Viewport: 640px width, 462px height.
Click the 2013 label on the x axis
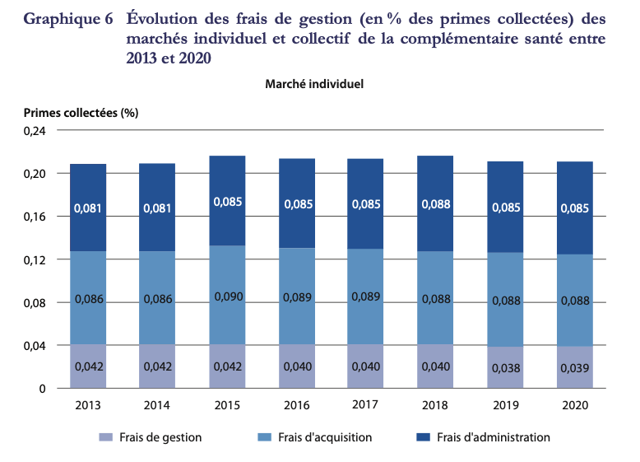88,405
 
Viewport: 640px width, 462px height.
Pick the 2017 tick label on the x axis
365,404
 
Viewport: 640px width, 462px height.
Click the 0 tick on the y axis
42,389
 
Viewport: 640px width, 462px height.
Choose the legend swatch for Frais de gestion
104,437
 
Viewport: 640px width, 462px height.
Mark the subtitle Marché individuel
314,83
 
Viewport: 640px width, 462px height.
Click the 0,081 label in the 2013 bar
88,208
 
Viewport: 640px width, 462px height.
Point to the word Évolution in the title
164,19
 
